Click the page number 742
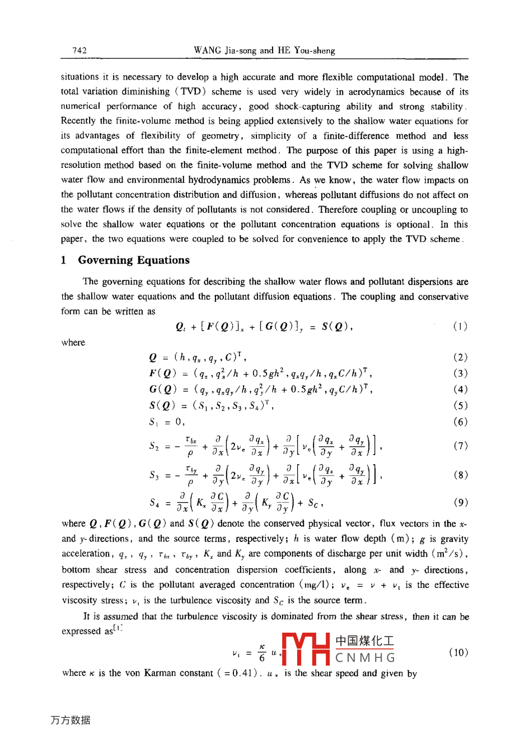(x=79, y=50)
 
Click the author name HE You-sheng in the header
(x=306, y=50)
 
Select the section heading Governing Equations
(x=134, y=260)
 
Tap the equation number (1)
(x=460, y=327)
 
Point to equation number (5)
(x=460, y=406)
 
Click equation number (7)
(x=460, y=446)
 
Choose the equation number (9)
(x=460, y=502)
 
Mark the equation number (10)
(x=458, y=652)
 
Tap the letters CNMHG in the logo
(x=365, y=658)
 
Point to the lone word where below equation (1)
(x=73, y=343)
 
